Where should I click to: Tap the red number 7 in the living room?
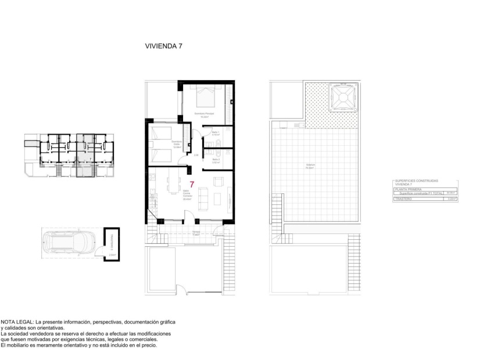[x=192, y=185]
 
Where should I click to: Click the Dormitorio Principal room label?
[x=204, y=114]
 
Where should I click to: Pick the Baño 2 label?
[x=215, y=161]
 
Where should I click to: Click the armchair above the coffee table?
[x=217, y=181]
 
